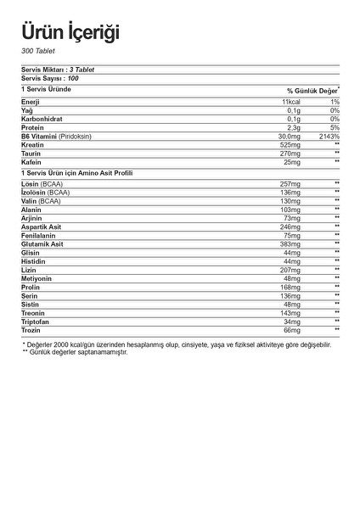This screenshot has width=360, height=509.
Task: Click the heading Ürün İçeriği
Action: tap(70, 31)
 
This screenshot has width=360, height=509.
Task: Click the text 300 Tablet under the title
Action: tap(38, 52)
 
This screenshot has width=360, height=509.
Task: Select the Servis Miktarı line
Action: tap(56, 70)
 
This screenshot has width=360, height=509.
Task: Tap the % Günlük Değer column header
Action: tap(312, 90)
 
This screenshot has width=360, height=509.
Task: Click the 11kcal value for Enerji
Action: tap(291, 103)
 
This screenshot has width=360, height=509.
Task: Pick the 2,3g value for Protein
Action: tap(294, 128)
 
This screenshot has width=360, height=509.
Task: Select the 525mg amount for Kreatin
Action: tap(290, 145)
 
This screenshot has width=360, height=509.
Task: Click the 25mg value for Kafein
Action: tap(292, 162)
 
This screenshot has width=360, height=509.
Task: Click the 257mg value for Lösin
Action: tap(290, 184)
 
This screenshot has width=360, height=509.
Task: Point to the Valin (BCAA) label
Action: tap(42, 201)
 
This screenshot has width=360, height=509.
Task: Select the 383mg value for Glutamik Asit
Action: tap(290, 243)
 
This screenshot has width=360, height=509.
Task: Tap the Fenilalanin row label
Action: tap(40, 235)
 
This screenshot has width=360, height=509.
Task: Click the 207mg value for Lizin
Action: tap(290, 269)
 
